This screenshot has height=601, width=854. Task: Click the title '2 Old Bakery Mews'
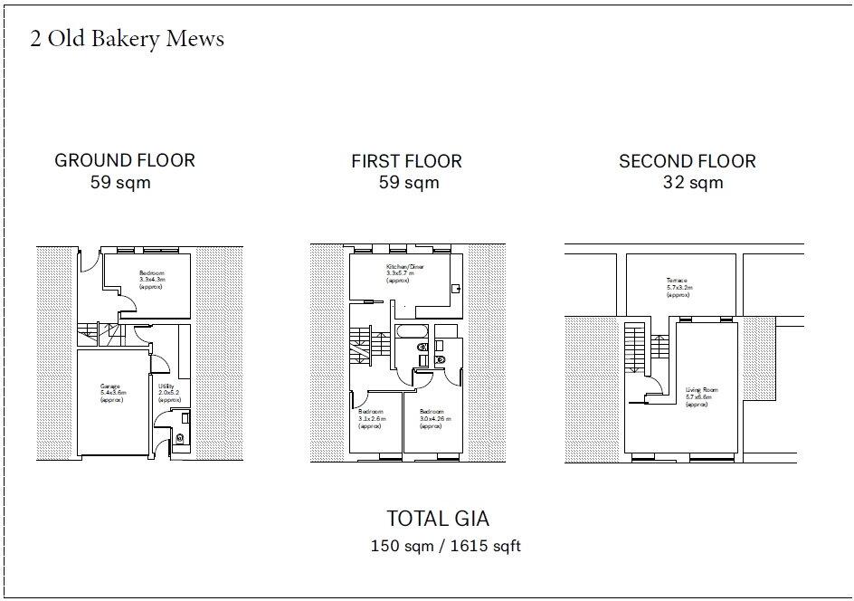[128, 40]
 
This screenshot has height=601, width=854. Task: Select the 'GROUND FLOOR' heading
[125, 161]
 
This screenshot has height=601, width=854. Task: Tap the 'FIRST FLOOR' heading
[406, 162]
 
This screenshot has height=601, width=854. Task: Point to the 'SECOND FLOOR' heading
[687, 162]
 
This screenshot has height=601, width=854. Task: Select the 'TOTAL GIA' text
[438, 519]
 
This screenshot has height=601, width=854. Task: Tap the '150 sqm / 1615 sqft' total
[445, 547]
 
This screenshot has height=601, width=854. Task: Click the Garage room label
[113, 393]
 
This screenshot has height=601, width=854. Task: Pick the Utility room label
[168, 393]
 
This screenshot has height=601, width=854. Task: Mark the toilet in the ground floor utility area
[179, 438]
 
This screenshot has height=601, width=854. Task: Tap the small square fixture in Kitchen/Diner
[455, 288]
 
